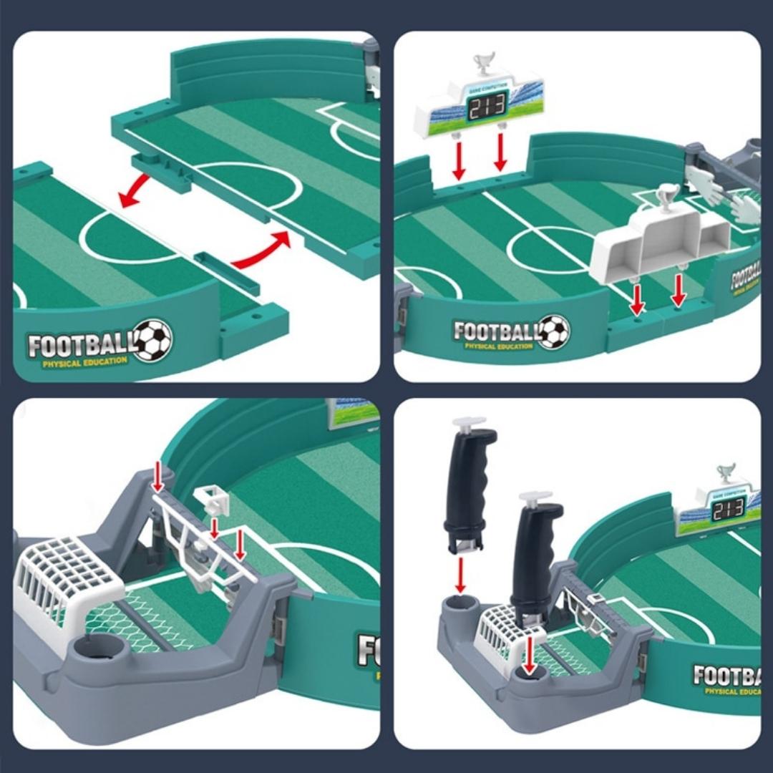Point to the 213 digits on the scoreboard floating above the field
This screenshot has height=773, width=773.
487,105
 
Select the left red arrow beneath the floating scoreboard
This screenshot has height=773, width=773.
459,157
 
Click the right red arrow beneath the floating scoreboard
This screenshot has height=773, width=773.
500,152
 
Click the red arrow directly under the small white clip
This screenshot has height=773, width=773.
215,529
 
